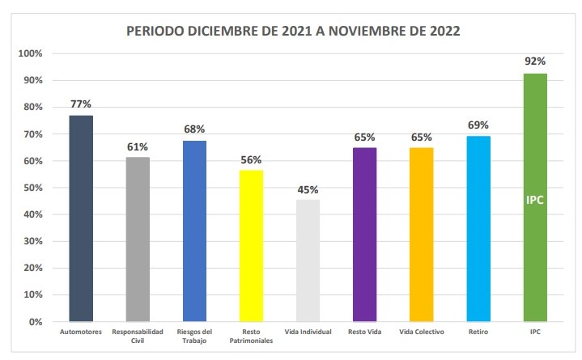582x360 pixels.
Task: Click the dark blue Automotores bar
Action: click(x=81, y=218)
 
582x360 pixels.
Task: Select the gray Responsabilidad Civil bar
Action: click(x=138, y=239)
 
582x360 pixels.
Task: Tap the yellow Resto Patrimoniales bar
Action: click(x=251, y=246)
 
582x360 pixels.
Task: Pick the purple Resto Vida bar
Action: click(x=365, y=235)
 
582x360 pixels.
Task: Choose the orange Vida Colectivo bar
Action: click(x=422, y=235)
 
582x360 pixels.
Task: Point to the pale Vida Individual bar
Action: click(x=308, y=260)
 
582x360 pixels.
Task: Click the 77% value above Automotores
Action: click(x=80, y=104)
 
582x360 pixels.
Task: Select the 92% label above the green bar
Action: click(x=535, y=61)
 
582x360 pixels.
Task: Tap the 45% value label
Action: click(x=308, y=189)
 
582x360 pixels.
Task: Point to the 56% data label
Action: click(x=251, y=159)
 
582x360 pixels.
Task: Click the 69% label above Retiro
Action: click(x=478, y=125)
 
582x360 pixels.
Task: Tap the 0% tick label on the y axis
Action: click(x=36, y=322)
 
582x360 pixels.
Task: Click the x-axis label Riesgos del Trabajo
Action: click(x=194, y=337)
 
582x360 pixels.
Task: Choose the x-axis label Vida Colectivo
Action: click(x=422, y=332)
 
